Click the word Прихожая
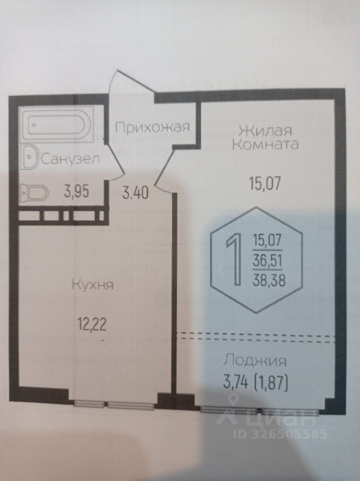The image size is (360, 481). coord(152,127)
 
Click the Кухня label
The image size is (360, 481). coord(93,285)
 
